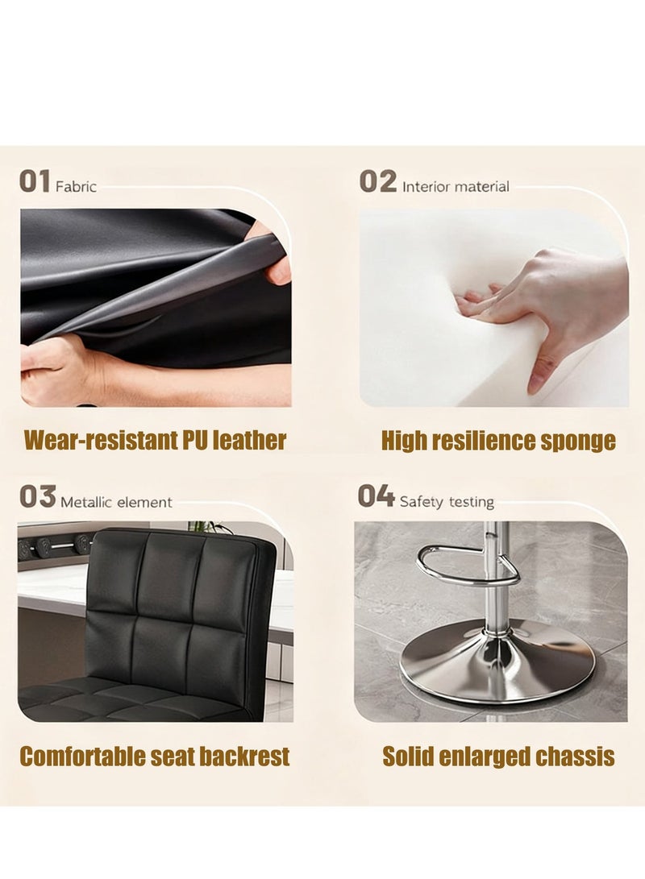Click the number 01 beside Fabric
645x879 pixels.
click(35, 181)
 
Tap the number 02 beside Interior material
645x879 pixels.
click(377, 182)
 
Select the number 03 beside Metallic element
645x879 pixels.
click(37, 497)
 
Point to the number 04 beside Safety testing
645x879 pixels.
click(376, 496)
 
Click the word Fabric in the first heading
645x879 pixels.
click(76, 186)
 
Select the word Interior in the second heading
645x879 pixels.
click(425, 187)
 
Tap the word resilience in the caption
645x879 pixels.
click(481, 441)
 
